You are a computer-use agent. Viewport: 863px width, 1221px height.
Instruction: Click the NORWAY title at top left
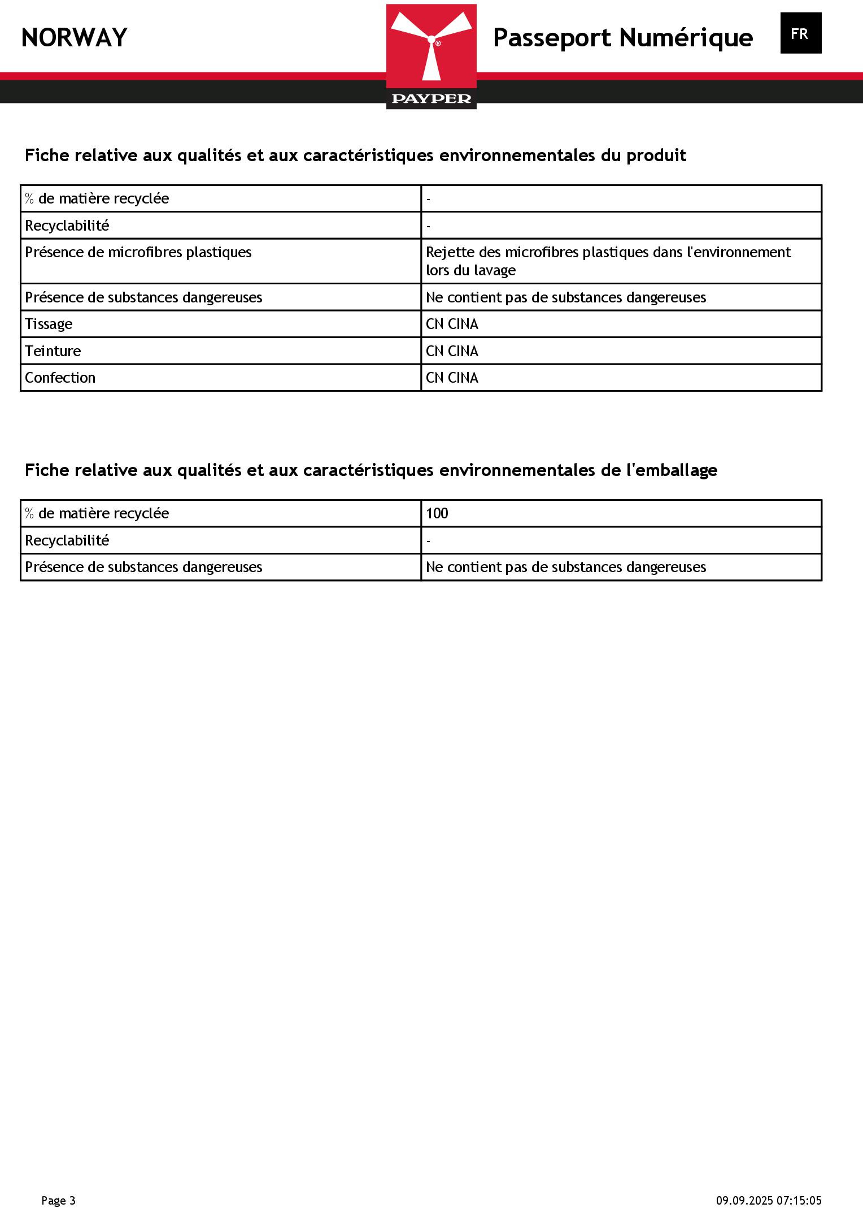pyautogui.click(x=74, y=38)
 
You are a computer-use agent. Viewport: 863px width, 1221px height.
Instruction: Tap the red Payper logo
pyautogui.click(x=431, y=56)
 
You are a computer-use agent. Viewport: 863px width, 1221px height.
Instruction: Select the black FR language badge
pyautogui.click(x=800, y=33)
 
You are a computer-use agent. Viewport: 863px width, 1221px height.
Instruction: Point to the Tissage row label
pyautogui.click(x=49, y=324)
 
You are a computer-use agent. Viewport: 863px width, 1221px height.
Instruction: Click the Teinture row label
pyautogui.click(x=53, y=351)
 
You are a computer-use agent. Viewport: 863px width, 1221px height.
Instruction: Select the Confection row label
pyautogui.click(x=60, y=378)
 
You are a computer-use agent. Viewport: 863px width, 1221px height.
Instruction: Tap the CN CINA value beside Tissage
pyautogui.click(x=452, y=324)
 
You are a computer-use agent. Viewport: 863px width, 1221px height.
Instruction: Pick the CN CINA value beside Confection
pyautogui.click(x=452, y=378)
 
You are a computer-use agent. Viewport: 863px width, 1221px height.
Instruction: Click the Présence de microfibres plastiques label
pyautogui.click(x=138, y=252)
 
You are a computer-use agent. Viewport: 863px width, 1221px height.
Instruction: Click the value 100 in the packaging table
pyautogui.click(x=437, y=513)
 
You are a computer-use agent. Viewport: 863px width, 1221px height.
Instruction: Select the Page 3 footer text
pyautogui.click(x=58, y=1200)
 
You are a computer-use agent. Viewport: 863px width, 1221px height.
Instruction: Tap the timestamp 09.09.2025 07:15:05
pyautogui.click(x=769, y=1200)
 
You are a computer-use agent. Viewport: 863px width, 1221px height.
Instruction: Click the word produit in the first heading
pyautogui.click(x=656, y=155)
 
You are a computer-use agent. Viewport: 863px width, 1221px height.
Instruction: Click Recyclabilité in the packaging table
pyautogui.click(x=67, y=540)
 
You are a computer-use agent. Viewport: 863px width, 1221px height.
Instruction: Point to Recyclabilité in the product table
pyautogui.click(x=67, y=226)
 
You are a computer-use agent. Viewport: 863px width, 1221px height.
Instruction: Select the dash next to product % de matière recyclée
pyautogui.click(x=429, y=199)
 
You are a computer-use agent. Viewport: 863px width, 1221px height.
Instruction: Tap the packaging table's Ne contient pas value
pyautogui.click(x=565, y=567)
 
